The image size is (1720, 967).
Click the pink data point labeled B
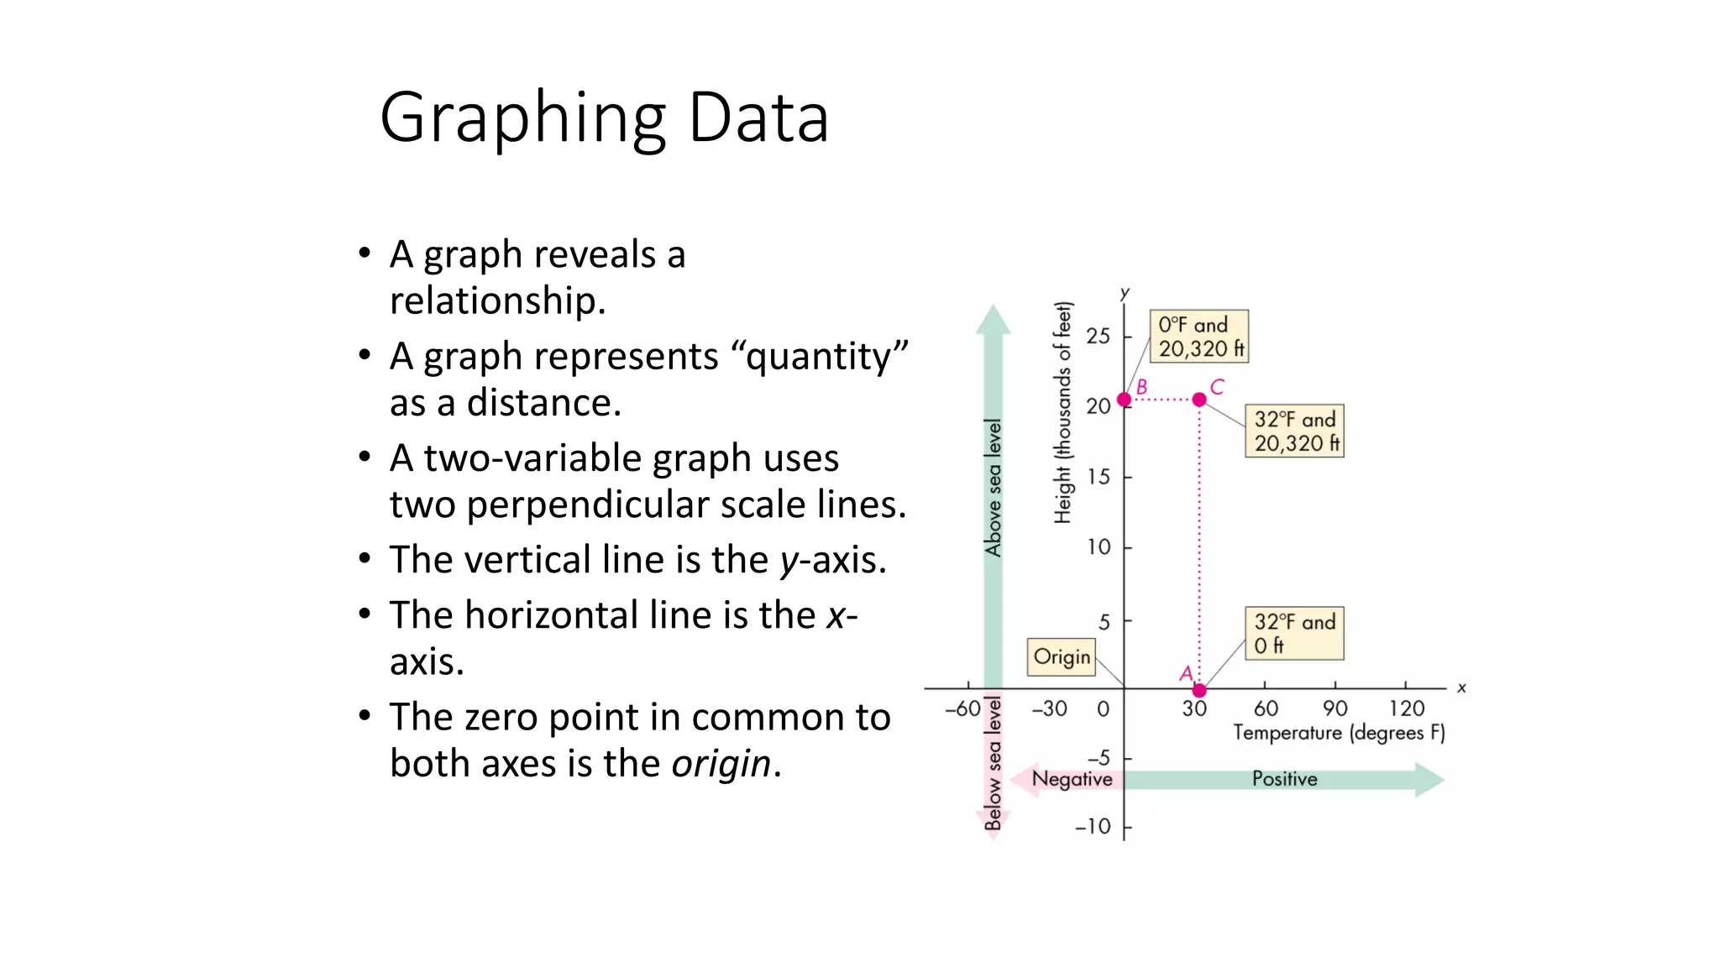(x=1125, y=400)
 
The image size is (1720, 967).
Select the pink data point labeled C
(x=1199, y=400)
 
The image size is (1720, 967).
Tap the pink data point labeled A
(x=1199, y=690)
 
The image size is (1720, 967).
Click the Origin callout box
(x=1062, y=656)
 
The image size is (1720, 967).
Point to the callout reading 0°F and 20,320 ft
(x=1198, y=337)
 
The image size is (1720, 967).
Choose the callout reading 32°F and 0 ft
(x=1293, y=634)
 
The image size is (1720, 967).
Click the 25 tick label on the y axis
(x=1098, y=337)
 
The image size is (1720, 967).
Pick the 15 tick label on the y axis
(x=1098, y=477)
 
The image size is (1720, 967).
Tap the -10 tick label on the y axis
(x=1093, y=827)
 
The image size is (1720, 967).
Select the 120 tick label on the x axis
(x=1407, y=708)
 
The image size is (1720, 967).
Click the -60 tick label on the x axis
(x=962, y=708)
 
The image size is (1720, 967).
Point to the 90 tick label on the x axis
(x=1335, y=708)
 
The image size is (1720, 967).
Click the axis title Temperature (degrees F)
(x=1339, y=733)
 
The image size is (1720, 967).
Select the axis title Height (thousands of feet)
(x=1063, y=412)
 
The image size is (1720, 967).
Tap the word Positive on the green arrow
(x=1284, y=779)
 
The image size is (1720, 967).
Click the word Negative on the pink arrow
(x=1072, y=779)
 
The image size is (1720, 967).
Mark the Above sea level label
(x=994, y=488)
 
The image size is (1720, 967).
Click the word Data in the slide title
(x=758, y=118)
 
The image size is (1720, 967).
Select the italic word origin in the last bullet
(x=721, y=764)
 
